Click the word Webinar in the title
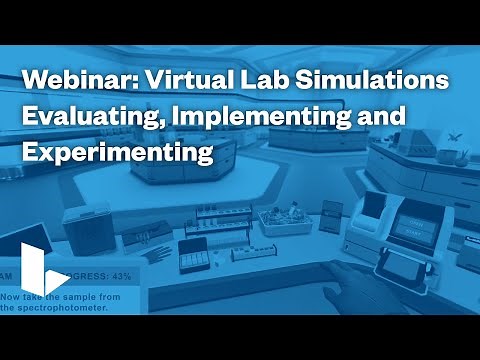pos(68,81)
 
